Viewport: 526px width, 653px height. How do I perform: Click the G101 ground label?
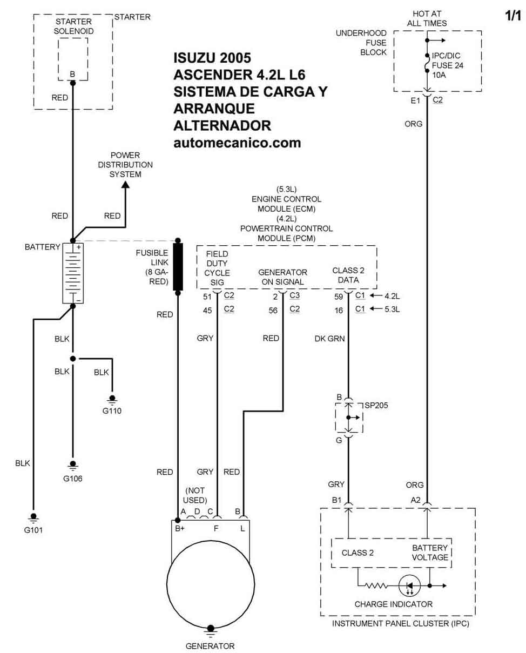pos(33,530)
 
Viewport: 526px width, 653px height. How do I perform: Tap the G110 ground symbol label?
pos(112,410)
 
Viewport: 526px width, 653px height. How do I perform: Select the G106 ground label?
pos(72,478)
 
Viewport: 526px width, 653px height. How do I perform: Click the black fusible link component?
pos(178,267)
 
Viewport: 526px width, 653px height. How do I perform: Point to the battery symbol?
pos(73,273)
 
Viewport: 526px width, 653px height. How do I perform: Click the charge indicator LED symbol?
pos(409,585)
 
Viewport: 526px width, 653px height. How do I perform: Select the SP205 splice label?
pos(376,405)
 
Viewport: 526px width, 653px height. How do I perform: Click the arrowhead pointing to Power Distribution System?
pos(125,185)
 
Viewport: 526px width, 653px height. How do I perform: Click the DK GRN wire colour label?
pos(329,338)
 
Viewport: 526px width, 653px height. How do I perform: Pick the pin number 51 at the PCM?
pos(207,297)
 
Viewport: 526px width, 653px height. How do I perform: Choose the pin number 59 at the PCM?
pos(339,297)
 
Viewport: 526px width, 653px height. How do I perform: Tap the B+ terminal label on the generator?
pos(180,528)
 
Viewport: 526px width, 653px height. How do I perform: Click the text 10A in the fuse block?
pos(439,75)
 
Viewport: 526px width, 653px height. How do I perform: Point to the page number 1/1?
pos(513,16)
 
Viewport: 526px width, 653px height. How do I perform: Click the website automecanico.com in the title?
pos(237,143)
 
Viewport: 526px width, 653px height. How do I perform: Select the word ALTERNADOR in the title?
pos(222,126)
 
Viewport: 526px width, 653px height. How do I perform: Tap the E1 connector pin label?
pos(415,100)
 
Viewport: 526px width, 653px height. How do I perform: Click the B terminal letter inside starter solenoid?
pos(72,74)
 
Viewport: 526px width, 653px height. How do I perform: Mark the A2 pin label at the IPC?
pos(415,500)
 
